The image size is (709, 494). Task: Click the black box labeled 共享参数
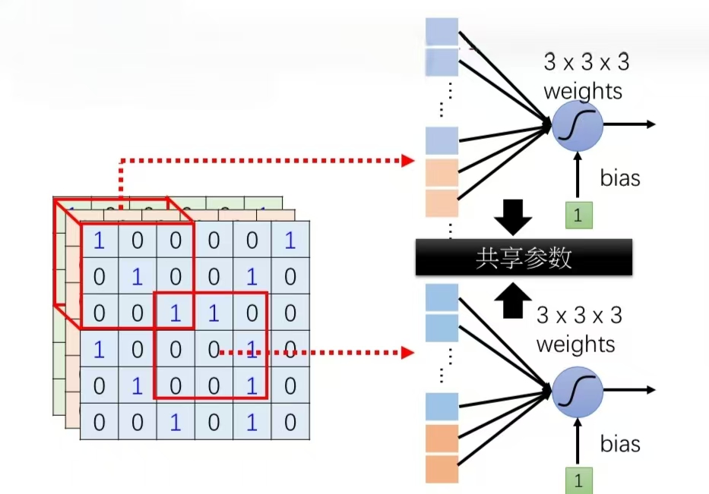click(x=524, y=257)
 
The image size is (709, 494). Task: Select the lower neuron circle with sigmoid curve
click(x=577, y=389)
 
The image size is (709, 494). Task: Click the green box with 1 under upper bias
click(x=578, y=215)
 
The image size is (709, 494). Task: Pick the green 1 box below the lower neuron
click(x=578, y=480)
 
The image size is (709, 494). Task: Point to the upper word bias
click(x=619, y=178)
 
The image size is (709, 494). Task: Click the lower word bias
click(x=619, y=443)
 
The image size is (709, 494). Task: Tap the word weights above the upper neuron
click(x=582, y=91)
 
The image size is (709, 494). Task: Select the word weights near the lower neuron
click(x=575, y=345)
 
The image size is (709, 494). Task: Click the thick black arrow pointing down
click(x=514, y=218)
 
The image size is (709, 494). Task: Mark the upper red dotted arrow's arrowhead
click(x=408, y=160)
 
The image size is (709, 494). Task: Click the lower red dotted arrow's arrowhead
click(x=408, y=352)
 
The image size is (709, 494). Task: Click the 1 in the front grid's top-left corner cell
click(x=99, y=241)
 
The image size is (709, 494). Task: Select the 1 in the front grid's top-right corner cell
click(x=290, y=241)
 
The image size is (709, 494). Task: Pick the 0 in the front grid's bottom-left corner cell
click(x=99, y=422)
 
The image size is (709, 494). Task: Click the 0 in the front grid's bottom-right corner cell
click(x=290, y=422)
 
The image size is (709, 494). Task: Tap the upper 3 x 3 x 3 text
click(x=586, y=62)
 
